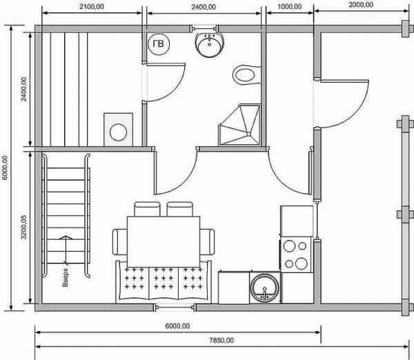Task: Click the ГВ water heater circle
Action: [158, 44]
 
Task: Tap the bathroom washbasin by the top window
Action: [209, 44]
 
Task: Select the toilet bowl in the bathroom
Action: [246, 75]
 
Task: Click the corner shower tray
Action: [239, 125]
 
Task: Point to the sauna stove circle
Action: [118, 132]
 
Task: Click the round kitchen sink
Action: [265, 288]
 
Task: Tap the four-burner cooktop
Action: [296, 254]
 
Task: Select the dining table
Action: [164, 242]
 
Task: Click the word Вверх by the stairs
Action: [66, 277]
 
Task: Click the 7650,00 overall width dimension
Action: [221, 341]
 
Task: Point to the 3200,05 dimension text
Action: [23, 227]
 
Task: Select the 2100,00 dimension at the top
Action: [92, 7]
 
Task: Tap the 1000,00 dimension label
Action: [290, 7]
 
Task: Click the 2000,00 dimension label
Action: [361, 5]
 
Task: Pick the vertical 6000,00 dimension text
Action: [6, 168]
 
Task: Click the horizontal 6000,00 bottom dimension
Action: [177, 326]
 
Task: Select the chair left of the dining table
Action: [119, 242]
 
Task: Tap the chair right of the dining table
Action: [207, 242]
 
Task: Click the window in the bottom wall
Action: [175, 307]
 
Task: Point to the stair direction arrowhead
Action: [66, 237]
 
